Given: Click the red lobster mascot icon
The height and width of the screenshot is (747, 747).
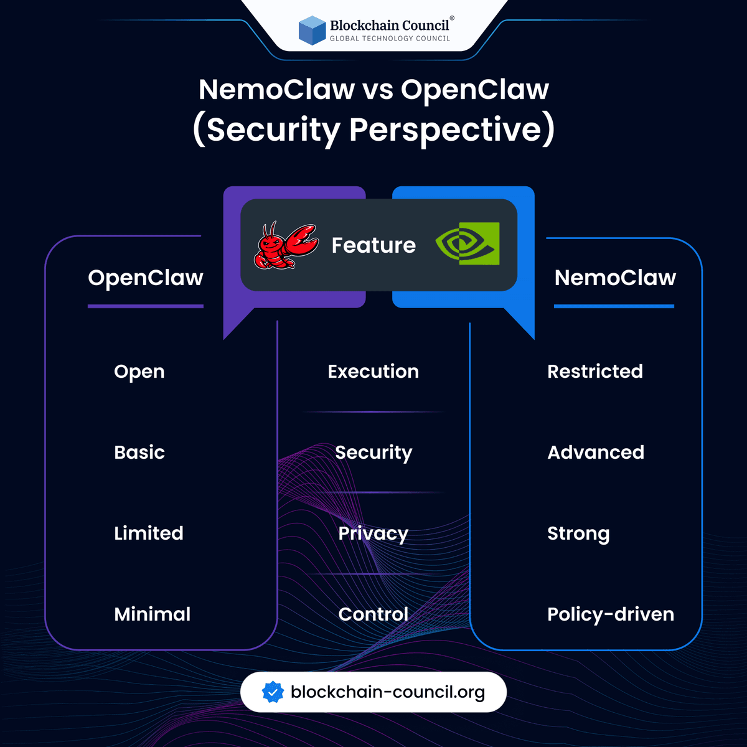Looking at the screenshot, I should point(286,246).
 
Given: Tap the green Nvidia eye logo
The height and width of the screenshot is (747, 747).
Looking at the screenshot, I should point(467,243).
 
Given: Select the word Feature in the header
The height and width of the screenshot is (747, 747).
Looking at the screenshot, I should point(374,245).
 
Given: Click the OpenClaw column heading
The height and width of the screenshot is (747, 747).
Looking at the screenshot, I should point(146,278).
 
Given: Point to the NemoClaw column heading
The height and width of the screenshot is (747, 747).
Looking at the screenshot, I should point(615,278).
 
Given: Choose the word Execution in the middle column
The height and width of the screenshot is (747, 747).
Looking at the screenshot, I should point(374,372).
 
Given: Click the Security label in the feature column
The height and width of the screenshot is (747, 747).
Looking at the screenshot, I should point(374,453).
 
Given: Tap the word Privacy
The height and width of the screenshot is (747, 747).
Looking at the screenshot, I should point(374,533).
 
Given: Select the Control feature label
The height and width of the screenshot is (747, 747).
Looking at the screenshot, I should point(374,614).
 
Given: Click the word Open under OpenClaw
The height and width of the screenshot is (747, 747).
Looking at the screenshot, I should point(139,372).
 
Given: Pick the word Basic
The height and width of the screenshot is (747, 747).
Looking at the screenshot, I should point(139,453).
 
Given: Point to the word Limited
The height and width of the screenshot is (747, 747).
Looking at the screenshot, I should point(149,533).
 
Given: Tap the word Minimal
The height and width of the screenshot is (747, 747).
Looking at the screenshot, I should point(153,614).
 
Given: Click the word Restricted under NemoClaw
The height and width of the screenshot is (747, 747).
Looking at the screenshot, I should point(595,372).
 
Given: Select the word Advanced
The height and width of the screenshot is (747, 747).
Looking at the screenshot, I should point(596,453).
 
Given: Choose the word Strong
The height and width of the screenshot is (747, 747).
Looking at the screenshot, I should point(578,534).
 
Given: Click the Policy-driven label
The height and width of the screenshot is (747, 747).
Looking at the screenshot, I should point(611,614).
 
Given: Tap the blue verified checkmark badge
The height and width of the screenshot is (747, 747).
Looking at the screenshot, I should point(273,692).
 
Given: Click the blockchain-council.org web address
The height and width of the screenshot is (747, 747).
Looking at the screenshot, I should point(388,692).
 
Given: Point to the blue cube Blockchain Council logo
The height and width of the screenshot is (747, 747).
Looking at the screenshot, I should point(312,31).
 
